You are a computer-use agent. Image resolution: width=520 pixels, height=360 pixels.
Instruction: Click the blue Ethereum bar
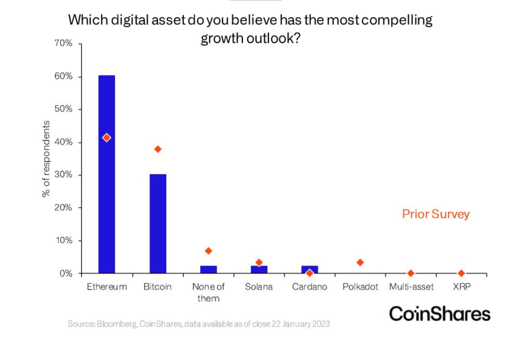tap(106, 182)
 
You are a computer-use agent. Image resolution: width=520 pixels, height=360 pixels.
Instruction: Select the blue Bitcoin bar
tap(158, 224)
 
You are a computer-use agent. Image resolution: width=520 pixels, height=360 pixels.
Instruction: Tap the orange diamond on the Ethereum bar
tap(106, 138)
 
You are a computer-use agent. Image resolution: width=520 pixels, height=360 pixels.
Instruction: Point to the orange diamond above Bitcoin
tap(158, 149)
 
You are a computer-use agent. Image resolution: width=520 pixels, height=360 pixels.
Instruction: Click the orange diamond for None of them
tap(209, 250)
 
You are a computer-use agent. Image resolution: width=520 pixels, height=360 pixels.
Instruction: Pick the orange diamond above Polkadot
tap(360, 263)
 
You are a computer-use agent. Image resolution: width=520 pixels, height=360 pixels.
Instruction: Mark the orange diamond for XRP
tap(461, 273)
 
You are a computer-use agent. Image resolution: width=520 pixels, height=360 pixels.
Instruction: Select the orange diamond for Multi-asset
tap(411, 273)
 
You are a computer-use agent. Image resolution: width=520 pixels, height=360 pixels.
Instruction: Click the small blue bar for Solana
tap(259, 269)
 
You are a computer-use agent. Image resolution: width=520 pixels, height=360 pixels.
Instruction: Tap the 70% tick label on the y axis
tap(63, 44)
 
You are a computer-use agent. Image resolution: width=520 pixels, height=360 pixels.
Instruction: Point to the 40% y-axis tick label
tap(63, 142)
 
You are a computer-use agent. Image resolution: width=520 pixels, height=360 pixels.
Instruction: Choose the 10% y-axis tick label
tap(63, 240)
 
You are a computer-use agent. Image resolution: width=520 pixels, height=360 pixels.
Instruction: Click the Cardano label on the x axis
tap(310, 287)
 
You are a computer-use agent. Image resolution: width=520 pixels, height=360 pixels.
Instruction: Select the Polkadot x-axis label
tap(360, 287)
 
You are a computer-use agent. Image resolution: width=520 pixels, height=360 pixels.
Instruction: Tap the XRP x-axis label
tap(461, 287)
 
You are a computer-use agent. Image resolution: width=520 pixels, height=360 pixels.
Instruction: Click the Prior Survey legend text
tap(435, 214)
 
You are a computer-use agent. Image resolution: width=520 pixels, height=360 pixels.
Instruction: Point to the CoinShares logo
tap(440, 313)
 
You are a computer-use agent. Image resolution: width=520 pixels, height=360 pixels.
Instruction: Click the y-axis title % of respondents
tap(46, 159)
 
